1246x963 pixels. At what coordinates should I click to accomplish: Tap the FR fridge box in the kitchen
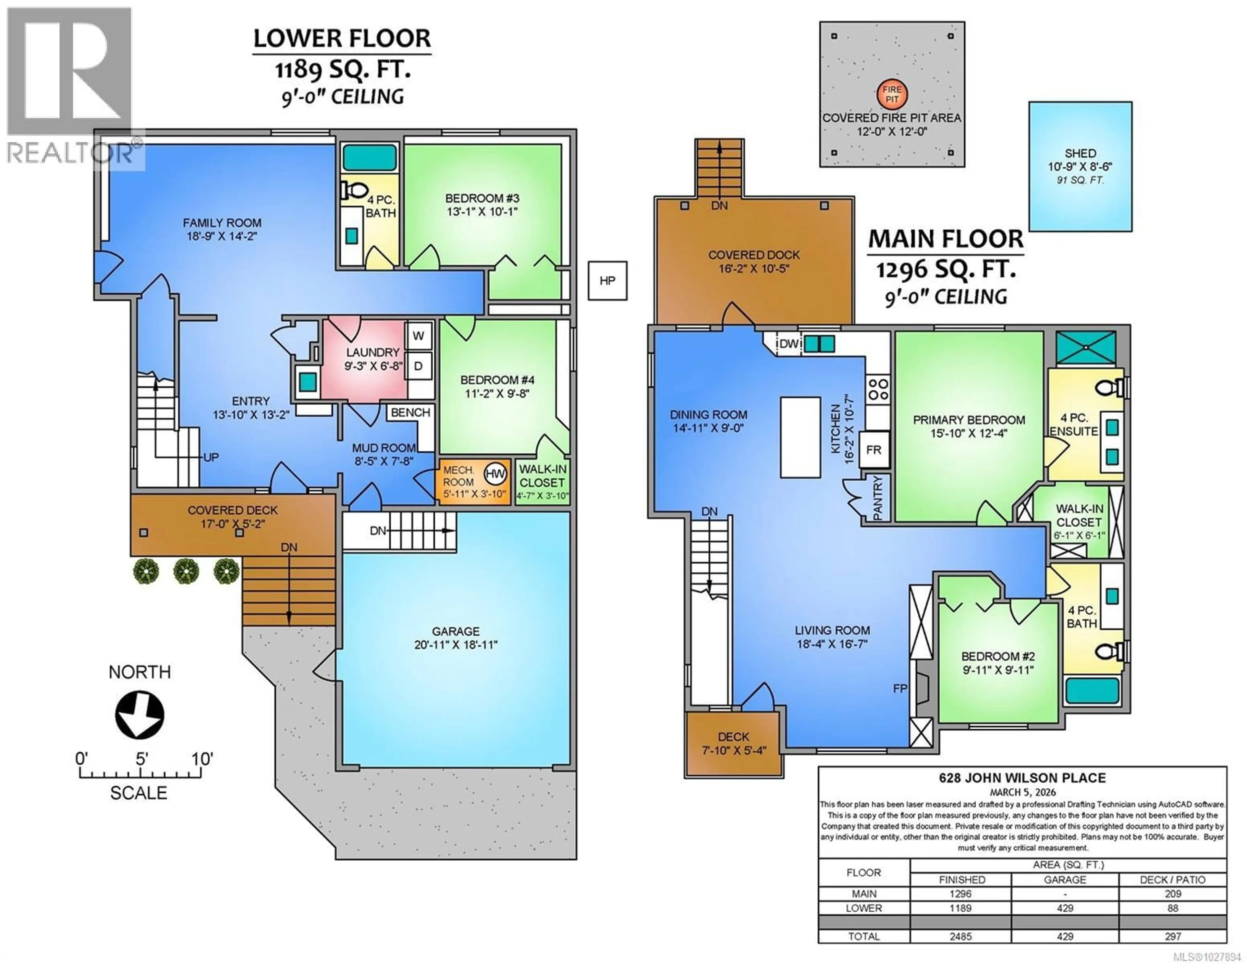click(x=873, y=450)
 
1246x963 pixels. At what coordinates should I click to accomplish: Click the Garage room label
click(x=455, y=631)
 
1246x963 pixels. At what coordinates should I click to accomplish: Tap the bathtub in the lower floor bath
click(x=370, y=157)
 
